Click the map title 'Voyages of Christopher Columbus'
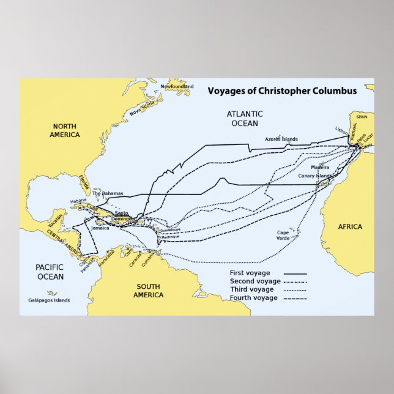[282, 91]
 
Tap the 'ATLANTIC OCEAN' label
[245, 119]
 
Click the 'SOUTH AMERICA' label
[149, 291]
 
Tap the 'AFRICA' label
[350, 226]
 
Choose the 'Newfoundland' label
[177, 86]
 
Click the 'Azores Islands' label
[281, 139]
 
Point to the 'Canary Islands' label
[314, 176]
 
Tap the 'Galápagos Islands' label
[49, 300]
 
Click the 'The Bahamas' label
[108, 193]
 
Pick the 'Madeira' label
[319, 167]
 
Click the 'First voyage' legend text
[250, 272]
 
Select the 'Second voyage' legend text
[253, 281]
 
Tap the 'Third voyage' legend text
[251, 289]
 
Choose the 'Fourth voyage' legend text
[253, 297]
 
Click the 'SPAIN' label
[362, 116]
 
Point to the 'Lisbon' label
[341, 130]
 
